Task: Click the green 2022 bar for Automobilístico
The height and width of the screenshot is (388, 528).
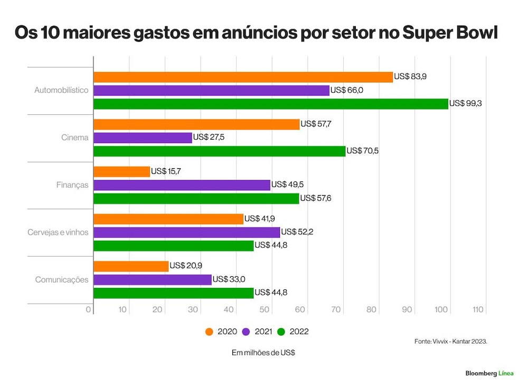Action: pos(271,104)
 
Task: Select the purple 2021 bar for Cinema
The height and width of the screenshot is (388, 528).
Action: pos(143,138)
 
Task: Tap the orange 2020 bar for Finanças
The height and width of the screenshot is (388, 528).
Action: pos(121,171)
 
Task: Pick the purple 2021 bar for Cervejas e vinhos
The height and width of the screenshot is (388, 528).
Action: pos(186,232)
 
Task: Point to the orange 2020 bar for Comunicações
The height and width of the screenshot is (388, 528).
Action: pos(131,266)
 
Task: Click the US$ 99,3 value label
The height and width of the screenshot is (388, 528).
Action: pos(465,103)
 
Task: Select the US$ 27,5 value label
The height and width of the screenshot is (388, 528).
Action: pos(209,137)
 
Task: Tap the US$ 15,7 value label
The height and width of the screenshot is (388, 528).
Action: pos(166,171)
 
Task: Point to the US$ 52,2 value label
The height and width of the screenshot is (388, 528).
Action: pos(297,232)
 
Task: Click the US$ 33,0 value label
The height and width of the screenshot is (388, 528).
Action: pos(229,279)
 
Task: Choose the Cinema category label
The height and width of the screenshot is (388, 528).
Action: pos(75,138)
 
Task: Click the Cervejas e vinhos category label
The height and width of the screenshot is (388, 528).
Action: pos(58,232)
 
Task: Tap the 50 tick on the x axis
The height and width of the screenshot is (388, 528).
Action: pos(265,309)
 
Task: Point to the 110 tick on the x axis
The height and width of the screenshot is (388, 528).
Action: pos(478,309)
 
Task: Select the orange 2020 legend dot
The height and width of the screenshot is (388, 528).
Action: pos(209,332)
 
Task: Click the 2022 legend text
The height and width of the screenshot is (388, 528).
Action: pos(299,332)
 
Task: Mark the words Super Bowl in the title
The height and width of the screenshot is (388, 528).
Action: pos(450,33)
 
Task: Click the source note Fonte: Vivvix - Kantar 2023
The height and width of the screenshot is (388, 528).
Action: pos(451,342)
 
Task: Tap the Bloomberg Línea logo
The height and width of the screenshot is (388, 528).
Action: pos(489,373)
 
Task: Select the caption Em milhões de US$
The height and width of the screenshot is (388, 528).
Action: pos(263,353)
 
